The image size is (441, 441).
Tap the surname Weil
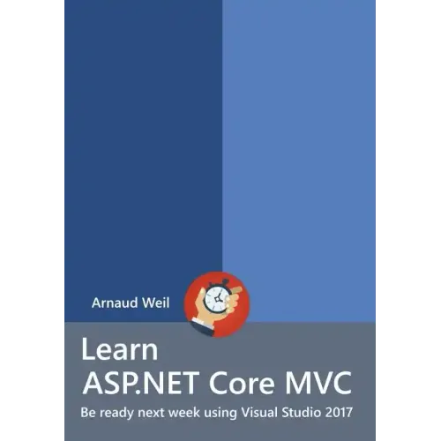tap(164, 303)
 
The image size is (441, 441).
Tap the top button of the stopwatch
tap(224, 282)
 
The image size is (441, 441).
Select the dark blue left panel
tap(141, 132)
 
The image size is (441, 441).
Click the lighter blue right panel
tap(300, 132)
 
